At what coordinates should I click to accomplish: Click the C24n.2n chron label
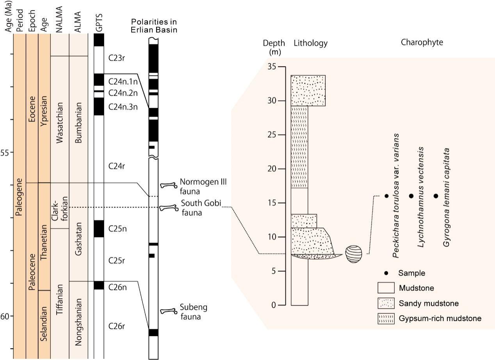click(x=123, y=93)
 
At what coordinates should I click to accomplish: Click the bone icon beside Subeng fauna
click(x=169, y=311)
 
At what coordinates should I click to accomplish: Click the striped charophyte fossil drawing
click(x=354, y=254)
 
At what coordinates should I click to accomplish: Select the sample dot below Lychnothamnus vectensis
click(x=411, y=196)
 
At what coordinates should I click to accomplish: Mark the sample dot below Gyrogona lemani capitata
click(x=436, y=196)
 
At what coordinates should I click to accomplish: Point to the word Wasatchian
click(x=60, y=123)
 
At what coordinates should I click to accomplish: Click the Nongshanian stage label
click(x=78, y=322)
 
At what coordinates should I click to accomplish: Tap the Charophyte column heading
click(x=422, y=43)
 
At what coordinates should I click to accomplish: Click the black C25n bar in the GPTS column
click(x=99, y=229)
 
